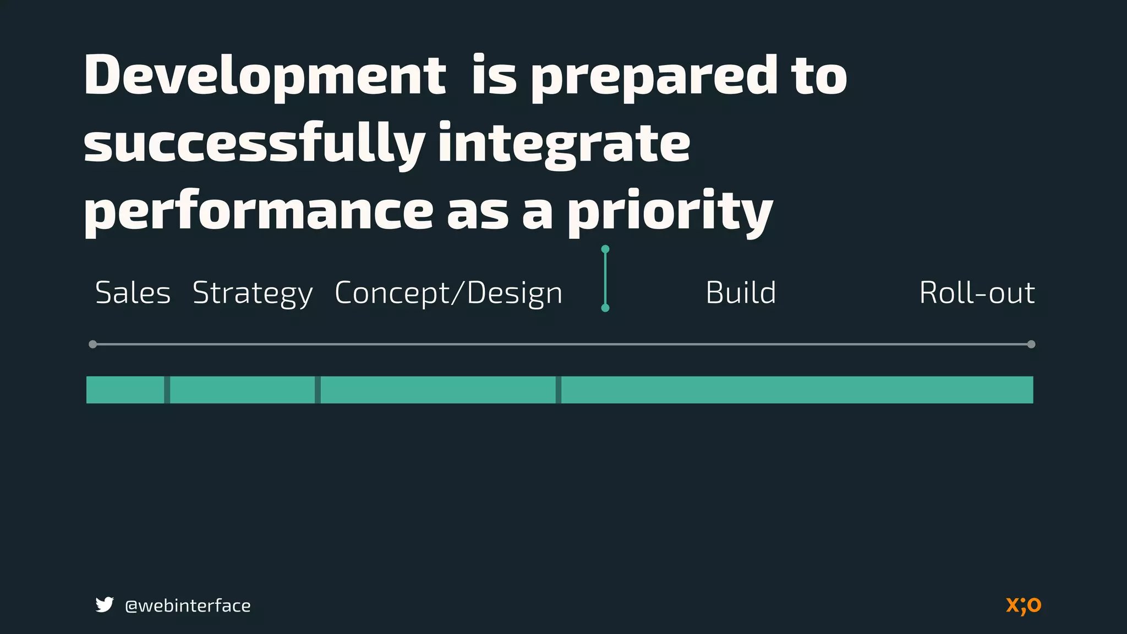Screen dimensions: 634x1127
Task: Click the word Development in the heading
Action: point(265,76)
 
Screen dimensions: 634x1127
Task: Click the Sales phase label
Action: point(133,293)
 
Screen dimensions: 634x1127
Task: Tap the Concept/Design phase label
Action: point(448,293)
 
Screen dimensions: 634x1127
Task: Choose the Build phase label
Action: point(741,293)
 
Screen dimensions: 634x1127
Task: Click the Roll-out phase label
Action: point(977,293)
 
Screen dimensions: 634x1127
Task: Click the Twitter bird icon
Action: point(104,605)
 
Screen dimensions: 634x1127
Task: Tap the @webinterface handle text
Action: point(188,605)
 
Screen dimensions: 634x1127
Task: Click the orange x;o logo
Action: point(1024,605)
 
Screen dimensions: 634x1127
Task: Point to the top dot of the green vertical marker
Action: point(605,249)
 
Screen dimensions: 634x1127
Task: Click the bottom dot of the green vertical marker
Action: point(605,308)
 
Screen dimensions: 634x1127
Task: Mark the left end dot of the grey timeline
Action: point(92,345)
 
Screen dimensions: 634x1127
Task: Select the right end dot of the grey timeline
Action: point(1031,345)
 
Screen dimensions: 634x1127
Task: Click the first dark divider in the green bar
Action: point(167,390)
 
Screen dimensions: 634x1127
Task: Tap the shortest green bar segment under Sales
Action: point(125,390)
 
